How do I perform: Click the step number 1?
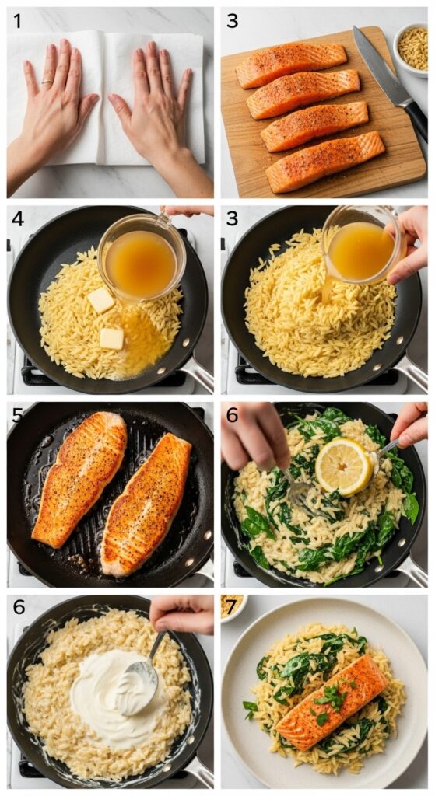17,21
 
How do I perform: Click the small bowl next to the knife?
412,48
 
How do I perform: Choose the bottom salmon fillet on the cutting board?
325,162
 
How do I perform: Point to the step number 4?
17,219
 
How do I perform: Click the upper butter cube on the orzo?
100,299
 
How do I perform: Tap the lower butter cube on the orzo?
111,338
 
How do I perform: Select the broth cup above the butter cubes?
142,260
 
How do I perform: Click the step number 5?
17,414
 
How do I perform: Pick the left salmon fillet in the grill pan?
79,478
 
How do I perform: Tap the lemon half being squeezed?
342,466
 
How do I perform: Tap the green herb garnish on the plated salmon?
331,697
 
